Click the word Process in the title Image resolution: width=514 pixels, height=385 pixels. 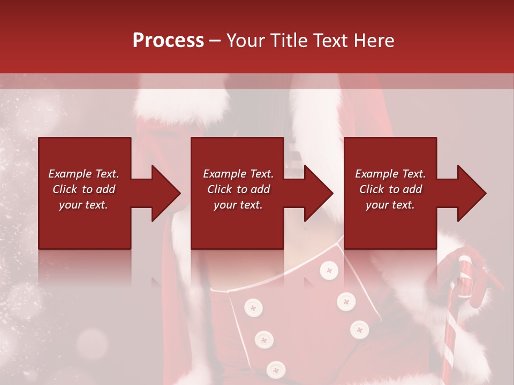click(x=168, y=41)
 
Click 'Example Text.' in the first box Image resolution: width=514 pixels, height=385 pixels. click(x=84, y=174)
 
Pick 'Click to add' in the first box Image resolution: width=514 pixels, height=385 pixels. click(x=84, y=189)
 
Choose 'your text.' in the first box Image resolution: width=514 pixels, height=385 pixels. click(x=84, y=205)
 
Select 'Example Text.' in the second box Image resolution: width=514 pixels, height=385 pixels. click(x=238, y=174)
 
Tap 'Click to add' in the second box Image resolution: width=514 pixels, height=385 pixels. click(x=238, y=189)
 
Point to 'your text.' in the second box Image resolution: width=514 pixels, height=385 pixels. click(x=238, y=205)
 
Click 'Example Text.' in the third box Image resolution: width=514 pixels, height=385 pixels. click(x=390, y=174)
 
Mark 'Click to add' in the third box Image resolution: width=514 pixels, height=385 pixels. click(x=390, y=189)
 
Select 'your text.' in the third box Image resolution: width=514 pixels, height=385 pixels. click(x=390, y=205)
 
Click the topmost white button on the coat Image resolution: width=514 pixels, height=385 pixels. click(x=329, y=271)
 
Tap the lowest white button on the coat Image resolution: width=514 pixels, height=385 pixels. click(x=276, y=369)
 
